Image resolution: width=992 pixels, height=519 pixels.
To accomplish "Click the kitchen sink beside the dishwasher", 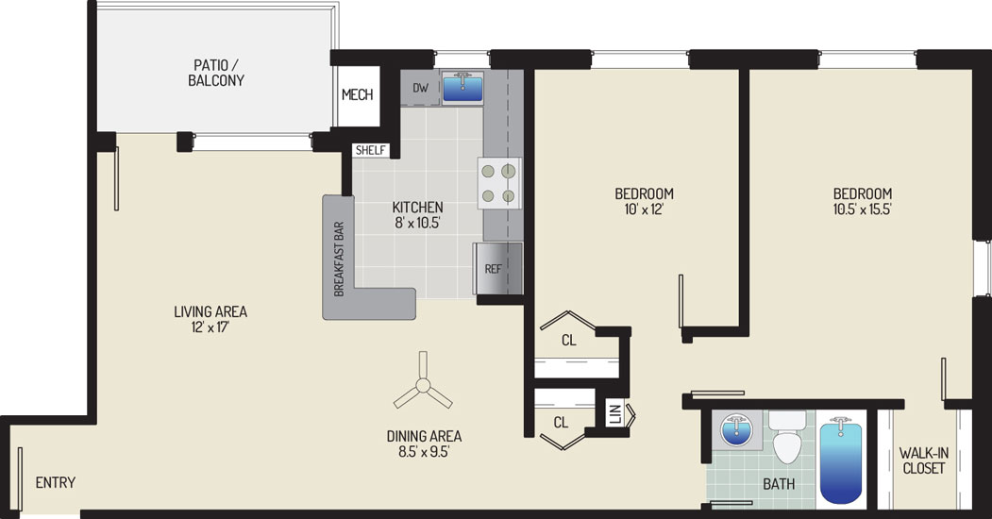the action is coord(462,87).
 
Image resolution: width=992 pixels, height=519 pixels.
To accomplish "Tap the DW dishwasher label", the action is coord(421,88).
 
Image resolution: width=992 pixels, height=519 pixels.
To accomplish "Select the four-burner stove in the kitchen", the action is coord(499,183).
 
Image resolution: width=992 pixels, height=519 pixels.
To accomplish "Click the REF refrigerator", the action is coord(498,269).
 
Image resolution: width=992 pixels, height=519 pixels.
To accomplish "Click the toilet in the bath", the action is coord(787,438).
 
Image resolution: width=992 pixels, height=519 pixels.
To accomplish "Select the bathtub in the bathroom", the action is coord(841,460).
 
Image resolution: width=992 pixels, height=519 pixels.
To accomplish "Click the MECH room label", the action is coord(358,94).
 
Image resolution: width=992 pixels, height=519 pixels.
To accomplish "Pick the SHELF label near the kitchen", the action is coord(371,150).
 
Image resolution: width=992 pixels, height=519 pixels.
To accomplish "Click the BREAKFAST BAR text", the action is coord(339,259).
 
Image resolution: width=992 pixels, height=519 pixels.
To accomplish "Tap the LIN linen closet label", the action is coord(614,414).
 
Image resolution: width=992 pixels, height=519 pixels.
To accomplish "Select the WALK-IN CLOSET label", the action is coord(924,460).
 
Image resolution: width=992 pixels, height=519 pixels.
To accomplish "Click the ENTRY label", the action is coord(56,482).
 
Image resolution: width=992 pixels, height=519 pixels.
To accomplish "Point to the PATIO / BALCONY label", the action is coord(216,73).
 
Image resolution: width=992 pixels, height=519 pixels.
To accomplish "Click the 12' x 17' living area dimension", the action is coord(202,327).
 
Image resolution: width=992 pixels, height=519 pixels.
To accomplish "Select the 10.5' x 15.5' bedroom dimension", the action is coord(863,209).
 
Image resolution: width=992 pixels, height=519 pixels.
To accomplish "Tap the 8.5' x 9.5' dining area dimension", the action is coord(424,452).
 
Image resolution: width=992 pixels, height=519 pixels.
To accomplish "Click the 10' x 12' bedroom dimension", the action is coord(644,209).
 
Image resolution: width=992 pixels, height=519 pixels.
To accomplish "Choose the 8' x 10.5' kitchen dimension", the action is coord(417,223).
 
